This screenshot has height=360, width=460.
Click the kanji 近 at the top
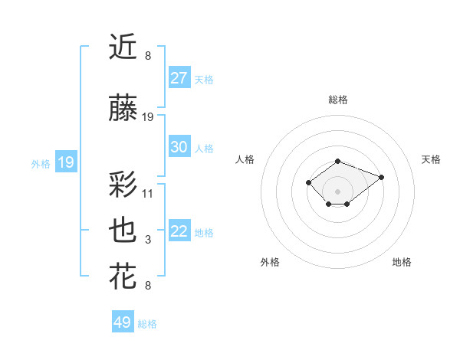123,47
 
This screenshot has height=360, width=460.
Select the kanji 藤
123,110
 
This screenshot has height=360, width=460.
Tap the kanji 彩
123,185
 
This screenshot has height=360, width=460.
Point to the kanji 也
123,231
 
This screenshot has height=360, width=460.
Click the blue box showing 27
179,78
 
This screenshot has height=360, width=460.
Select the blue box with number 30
179,148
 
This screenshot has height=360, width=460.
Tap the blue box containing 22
179,232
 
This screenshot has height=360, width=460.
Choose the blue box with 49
123,322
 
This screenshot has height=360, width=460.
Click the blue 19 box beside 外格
66,162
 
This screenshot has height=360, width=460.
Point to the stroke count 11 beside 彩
148,193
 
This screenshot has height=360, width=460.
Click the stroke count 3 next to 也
148,240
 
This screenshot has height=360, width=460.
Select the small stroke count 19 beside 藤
148,117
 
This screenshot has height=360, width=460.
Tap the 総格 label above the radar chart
337,100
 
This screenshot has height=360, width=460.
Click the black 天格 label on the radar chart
431,159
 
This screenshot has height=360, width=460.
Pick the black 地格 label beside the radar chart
402,262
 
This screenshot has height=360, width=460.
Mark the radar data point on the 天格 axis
381,177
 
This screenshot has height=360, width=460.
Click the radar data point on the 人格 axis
308,182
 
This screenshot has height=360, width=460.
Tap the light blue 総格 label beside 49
147,324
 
